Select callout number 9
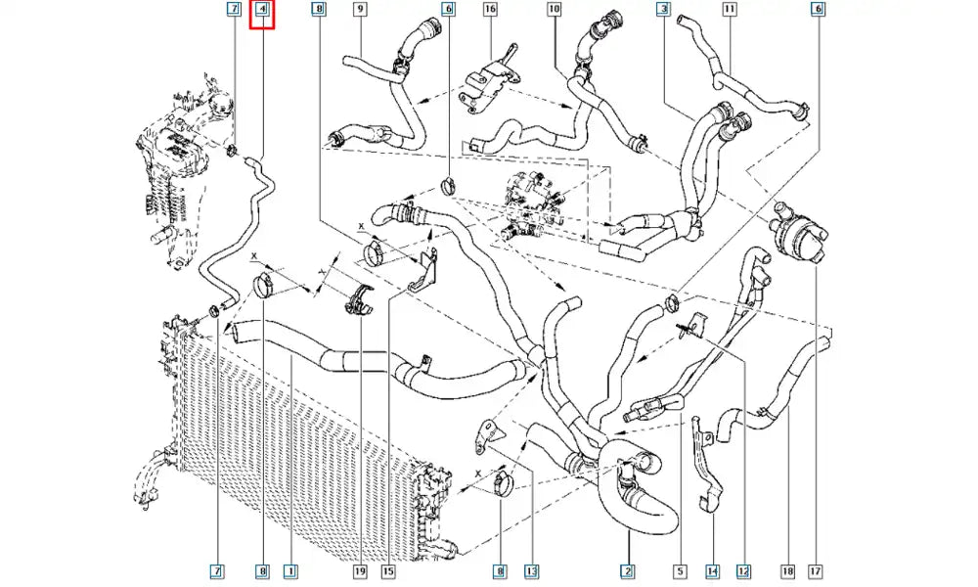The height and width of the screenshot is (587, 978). point(360,10)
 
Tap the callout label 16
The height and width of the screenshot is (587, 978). point(490,10)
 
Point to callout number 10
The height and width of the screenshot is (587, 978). point(555,10)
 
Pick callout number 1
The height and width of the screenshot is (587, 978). point(289,569)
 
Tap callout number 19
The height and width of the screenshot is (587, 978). point(360,569)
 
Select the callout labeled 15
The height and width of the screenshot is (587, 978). point(388,569)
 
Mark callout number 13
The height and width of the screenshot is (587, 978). point(531,569)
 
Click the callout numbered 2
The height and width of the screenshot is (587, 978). point(628,569)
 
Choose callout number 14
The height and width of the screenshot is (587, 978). point(713,569)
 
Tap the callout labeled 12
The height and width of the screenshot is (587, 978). point(743,569)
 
